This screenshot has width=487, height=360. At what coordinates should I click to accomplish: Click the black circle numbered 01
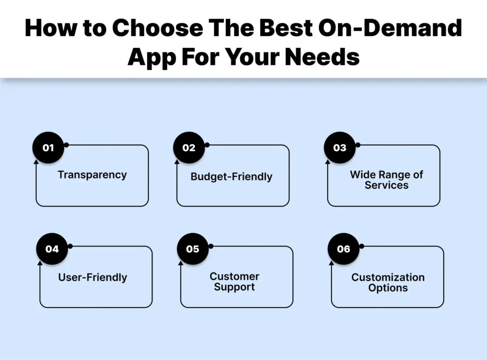[x=48, y=147]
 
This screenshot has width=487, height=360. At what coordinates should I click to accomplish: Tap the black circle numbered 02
[x=189, y=147]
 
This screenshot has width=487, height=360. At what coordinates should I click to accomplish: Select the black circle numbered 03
[x=340, y=147]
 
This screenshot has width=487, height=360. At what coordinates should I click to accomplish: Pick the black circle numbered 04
[x=52, y=249]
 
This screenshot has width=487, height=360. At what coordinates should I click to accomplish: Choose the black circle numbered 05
[x=193, y=249]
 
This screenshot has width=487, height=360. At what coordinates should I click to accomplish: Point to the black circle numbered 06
[x=343, y=249]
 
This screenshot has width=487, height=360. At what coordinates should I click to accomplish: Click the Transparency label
[x=92, y=175]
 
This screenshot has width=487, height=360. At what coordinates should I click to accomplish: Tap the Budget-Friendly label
[x=232, y=177]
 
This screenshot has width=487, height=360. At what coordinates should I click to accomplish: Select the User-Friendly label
[x=93, y=277]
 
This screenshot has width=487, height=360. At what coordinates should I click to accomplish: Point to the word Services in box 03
[x=386, y=185]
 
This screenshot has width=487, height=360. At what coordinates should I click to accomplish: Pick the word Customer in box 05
[x=234, y=276]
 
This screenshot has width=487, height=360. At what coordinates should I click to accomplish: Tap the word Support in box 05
[x=234, y=287]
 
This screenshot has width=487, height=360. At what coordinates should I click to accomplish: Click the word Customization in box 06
[x=388, y=277]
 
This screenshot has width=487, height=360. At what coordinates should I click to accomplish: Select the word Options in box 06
[x=388, y=288]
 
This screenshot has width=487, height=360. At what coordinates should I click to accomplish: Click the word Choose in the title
[x=157, y=28]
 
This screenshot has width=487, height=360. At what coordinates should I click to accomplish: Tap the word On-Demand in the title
[x=390, y=28]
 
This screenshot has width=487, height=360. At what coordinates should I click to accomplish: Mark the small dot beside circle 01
[x=66, y=145]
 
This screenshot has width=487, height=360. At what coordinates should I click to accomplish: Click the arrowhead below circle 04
[x=40, y=263]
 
